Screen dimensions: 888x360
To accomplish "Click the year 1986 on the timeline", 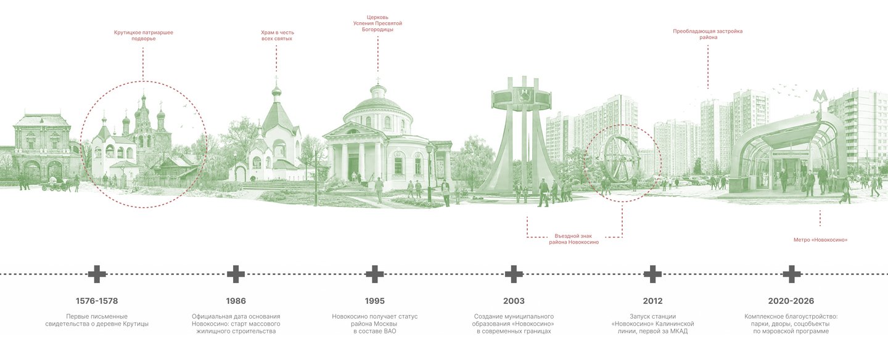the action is (236, 301).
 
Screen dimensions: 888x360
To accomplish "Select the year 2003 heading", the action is (514, 301).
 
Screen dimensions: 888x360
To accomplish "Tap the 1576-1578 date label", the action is (97, 301).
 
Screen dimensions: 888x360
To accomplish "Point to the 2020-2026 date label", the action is (791, 301).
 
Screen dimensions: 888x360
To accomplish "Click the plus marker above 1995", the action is (375, 274).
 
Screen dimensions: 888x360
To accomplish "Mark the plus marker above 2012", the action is (652, 274).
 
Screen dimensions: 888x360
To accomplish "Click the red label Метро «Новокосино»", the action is (820, 240).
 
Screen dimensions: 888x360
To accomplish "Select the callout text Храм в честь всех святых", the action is (277, 36).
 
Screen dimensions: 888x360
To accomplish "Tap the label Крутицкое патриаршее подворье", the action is (144, 36).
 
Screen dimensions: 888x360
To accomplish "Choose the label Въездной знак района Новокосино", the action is (573, 239).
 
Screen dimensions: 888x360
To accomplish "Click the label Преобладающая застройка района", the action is (708, 34).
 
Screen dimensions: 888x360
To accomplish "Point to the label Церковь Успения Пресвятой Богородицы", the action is (377, 23).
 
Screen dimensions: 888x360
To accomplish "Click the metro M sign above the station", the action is (820, 97).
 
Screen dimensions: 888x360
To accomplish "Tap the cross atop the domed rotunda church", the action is (378, 81).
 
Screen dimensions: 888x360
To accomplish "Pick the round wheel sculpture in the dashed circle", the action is (621, 159).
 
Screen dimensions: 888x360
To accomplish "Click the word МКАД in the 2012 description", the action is (679, 332).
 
